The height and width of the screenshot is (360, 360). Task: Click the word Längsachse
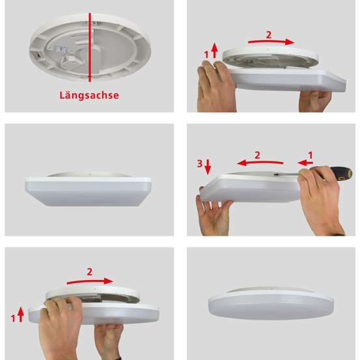pos(89,95)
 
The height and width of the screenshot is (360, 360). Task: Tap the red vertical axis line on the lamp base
pos(90,48)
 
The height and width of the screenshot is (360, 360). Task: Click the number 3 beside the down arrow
pos(200,163)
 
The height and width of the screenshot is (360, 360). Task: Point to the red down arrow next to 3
pos(208,167)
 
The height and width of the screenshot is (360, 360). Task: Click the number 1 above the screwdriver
pos(311,156)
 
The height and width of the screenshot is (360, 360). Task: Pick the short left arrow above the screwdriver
pos(305,163)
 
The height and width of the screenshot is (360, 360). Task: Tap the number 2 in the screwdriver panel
pos(257,156)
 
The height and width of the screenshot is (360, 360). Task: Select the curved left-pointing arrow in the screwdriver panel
pos(260,163)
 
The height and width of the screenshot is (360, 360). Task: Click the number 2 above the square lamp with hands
pos(269,35)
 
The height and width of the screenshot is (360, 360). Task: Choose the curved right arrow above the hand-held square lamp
pos(271,42)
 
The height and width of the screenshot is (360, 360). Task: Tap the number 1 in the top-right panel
pos(206,55)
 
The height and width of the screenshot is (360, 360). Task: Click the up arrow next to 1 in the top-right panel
pos(214,50)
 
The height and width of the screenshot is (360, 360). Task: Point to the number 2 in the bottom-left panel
pos(90,272)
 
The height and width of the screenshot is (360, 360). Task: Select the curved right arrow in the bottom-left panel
pos(90,281)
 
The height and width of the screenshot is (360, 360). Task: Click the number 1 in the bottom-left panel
pos(13,318)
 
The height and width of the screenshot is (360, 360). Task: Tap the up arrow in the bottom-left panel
pos(21,314)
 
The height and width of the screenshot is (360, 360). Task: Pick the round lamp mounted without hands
pos(271,303)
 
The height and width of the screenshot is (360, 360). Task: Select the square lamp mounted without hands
pos(88,189)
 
